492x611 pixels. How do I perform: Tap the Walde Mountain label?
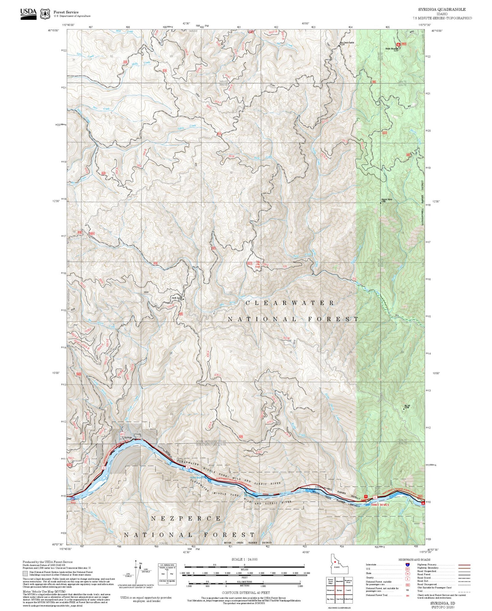pyautogui.click(x=392, y=49)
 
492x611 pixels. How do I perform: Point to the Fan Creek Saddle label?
pyautogui.click(x=347, y=43)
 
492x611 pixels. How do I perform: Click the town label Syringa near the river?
pyautogui.click(x=128, y=437)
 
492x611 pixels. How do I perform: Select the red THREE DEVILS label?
pyautogui.click(x=380, y=505)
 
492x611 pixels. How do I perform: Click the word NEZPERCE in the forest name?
pyautogui.click(x=186, y=518)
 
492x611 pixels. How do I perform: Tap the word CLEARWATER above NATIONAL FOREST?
pyautogui.click(x=289, y=302)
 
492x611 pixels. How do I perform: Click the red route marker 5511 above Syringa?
pyautogui.click(x=122, y=434)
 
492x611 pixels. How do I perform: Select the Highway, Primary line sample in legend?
pyautogui.click(x=464, y=565)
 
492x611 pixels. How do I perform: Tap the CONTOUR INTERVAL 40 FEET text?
pyautogui.click(x=245, y=593)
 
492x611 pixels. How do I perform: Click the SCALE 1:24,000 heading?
pyautogui.click(x=244, y=559)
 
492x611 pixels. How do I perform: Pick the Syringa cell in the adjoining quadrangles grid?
pyautogui.click(x=339, y=591)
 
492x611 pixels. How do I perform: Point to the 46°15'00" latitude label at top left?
pyautogui.click(x=53, y=30)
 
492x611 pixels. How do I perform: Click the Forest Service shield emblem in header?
pyautogui.click(x=45, y=14)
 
